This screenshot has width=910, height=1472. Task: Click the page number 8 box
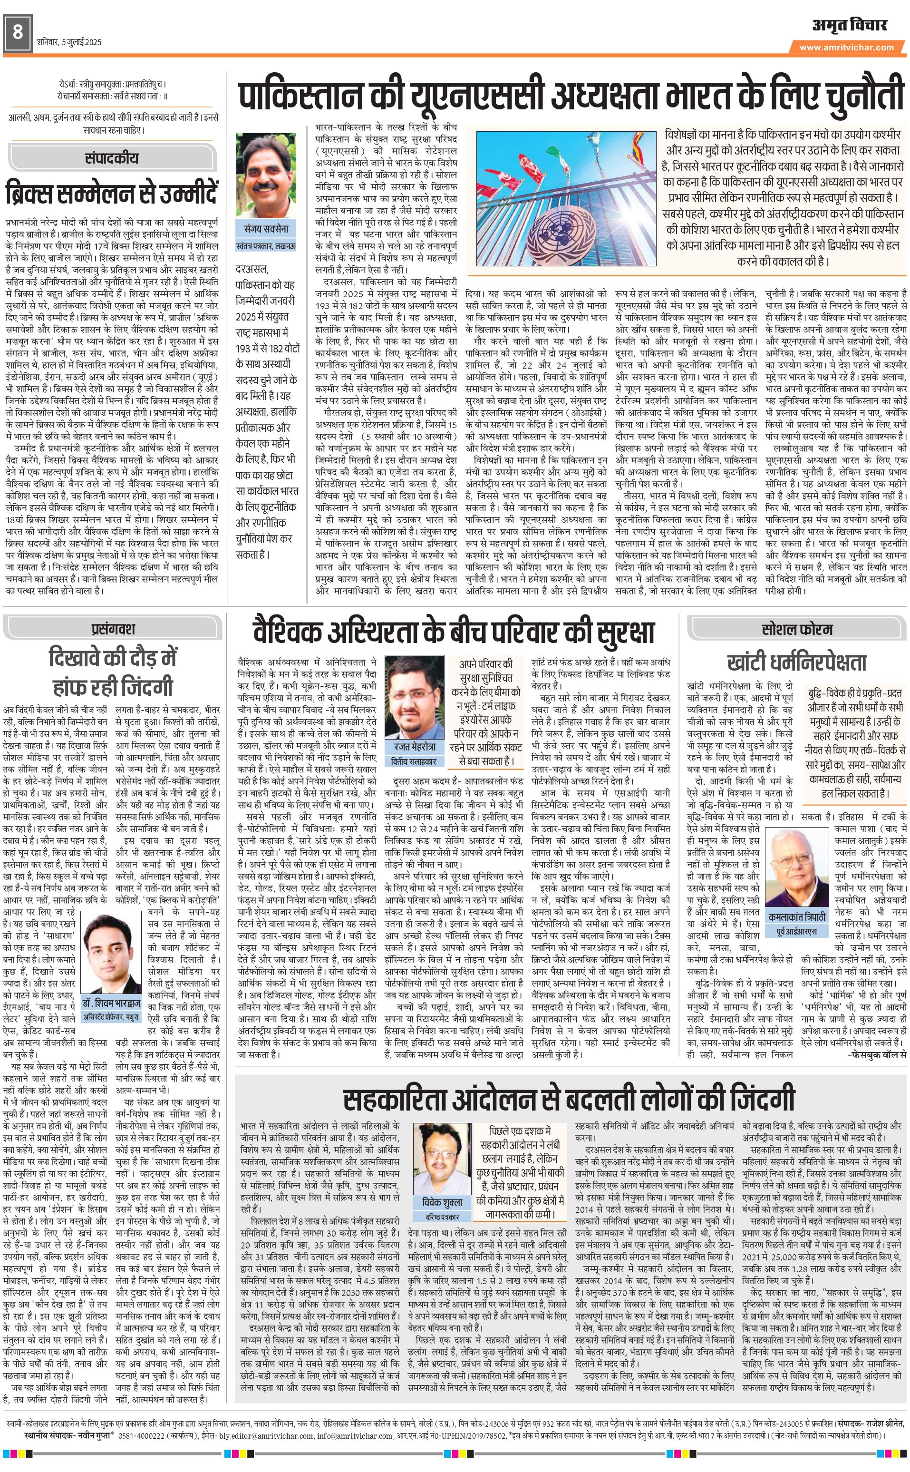[x=18, y=34]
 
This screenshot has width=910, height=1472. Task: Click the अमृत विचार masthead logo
[x=849, y=25]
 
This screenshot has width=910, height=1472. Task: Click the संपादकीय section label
[x=112, y=158]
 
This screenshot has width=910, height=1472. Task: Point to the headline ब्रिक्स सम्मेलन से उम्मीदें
[x=112, y=193]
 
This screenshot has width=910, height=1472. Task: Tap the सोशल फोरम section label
[x=797, y=629]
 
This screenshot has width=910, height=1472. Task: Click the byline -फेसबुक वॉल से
[x=876, y=1054]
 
